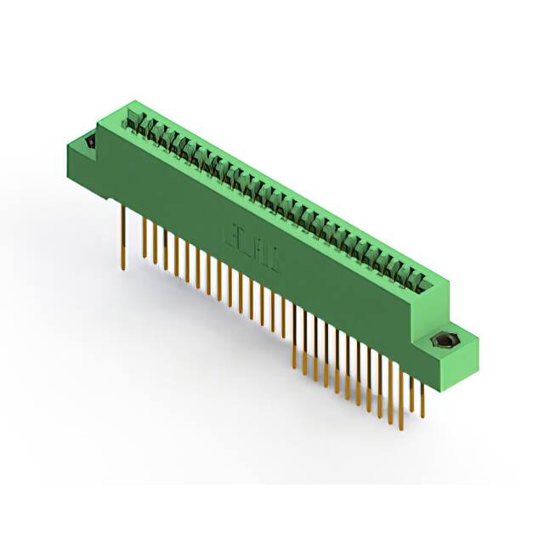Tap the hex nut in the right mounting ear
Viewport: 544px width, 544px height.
(443, 343)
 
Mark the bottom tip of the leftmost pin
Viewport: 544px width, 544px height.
(125, 269)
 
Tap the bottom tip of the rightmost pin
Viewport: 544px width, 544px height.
(421, 416)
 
